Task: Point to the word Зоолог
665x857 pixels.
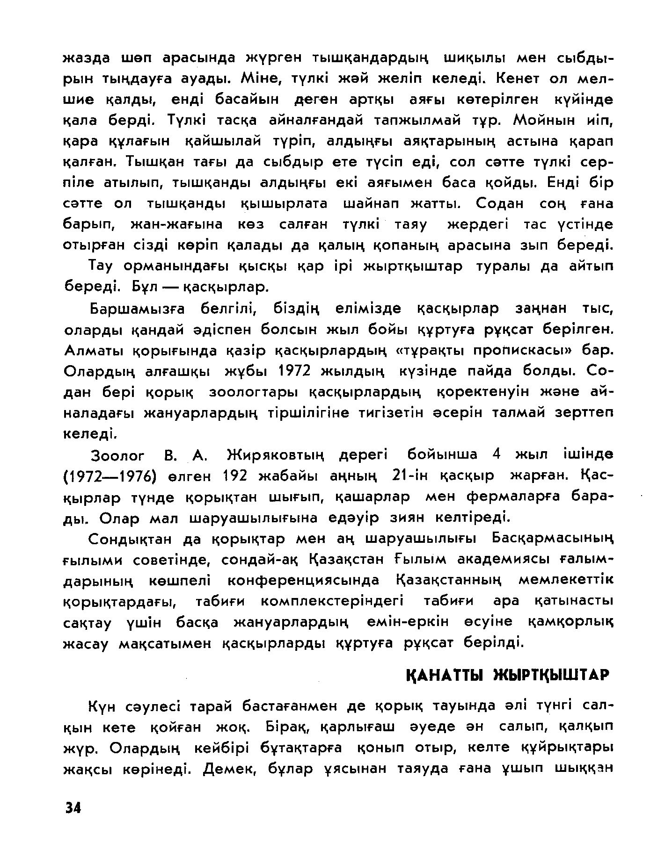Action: click(117, 455)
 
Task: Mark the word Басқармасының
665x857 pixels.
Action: click(552, 539)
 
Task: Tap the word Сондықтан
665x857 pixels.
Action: click(136, 539)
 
